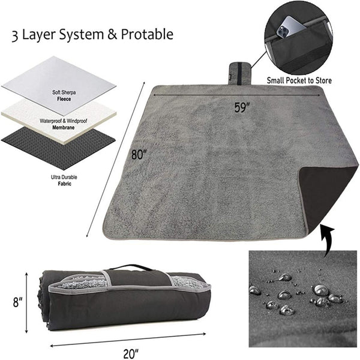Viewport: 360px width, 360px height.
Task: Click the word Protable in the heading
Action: pos(147,34)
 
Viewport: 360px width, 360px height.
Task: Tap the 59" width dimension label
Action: pos(242,107)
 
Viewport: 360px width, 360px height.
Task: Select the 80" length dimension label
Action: pos(139,154)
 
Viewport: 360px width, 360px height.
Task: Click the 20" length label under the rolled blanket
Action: pos(131,353)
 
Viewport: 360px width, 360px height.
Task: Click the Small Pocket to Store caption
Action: pos(299,80)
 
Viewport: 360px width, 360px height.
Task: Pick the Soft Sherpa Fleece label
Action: pos(64,95)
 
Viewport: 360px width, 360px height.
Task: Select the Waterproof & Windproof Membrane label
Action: pos(64,124)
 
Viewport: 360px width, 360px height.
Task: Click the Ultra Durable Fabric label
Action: pos(64,180)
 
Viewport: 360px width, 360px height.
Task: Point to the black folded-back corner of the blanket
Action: pos(328,195)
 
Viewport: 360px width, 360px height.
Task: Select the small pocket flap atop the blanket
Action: pos(239,74)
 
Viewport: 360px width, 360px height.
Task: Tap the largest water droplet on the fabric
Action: pos(321,290)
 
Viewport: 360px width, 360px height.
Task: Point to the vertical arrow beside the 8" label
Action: pos(26,302)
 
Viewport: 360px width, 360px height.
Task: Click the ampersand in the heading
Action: pos(112,35)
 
